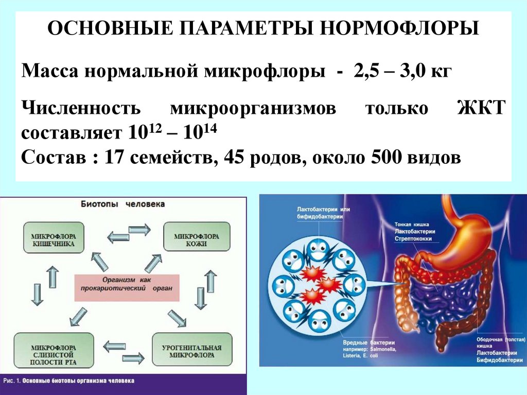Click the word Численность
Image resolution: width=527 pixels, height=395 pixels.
pyautogui.click(x=81, y=109)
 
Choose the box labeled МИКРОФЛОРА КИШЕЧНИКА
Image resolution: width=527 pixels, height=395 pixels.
pyautogui.click(x=53, y=237)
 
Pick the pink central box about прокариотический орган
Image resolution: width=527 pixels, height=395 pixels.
pyautogui.click(x=127, y=287)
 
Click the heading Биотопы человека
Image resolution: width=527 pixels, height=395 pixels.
pyautogui.click(x=123, y=204)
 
